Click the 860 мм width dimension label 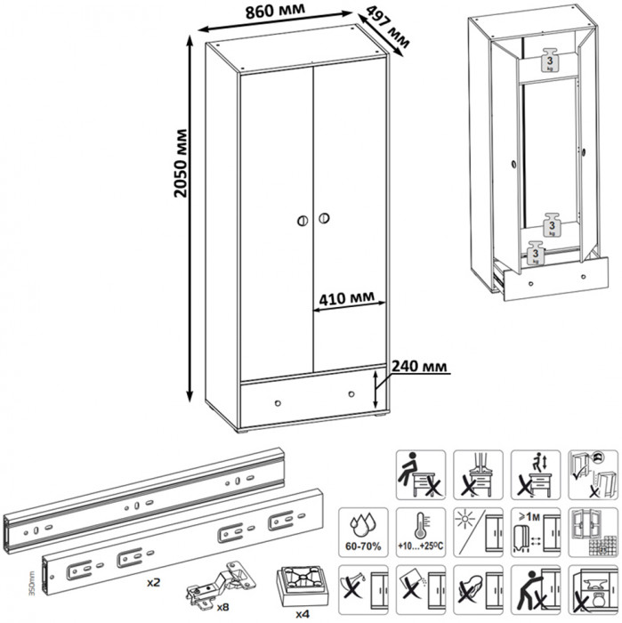[271, 11]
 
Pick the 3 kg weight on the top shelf [550, 60]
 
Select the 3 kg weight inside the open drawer [534, 255]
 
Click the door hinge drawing [219, 582]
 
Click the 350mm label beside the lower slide [6, 587]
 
